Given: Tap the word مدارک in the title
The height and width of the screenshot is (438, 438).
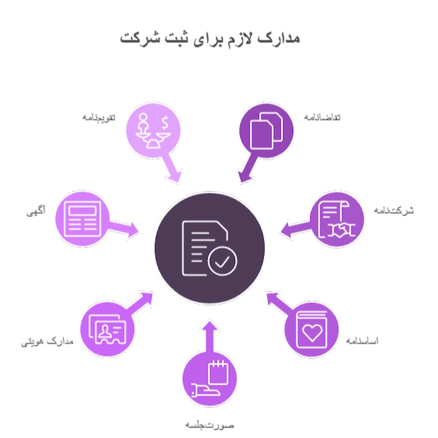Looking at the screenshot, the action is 279,38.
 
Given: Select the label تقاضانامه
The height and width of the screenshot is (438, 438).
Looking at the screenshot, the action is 322,117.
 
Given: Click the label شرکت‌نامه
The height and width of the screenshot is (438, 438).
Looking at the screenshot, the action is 394,210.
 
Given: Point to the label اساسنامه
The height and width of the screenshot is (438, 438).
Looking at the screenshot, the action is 362,341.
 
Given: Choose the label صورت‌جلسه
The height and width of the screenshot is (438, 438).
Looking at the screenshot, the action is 210,425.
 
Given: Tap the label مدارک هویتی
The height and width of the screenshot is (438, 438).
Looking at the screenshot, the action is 47,342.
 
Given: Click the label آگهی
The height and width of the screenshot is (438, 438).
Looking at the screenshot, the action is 36,211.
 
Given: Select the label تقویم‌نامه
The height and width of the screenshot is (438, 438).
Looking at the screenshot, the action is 99,118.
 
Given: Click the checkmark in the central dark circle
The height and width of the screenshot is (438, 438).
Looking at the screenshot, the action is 222,262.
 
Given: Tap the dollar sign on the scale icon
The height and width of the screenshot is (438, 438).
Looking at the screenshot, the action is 165,123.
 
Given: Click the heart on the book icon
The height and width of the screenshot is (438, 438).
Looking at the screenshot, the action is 313,333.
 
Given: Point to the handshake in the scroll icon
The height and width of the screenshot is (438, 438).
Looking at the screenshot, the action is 341,230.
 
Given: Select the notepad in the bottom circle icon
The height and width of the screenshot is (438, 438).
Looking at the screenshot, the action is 218,372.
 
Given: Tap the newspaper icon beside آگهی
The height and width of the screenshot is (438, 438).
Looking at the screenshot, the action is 83,219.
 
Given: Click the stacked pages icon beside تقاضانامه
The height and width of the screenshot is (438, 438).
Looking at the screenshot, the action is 266,131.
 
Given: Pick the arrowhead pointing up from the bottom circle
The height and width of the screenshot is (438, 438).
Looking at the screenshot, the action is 210,326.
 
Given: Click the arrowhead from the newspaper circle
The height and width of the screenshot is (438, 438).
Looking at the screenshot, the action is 132,230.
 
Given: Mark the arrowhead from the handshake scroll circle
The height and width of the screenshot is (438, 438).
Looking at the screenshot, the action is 286,230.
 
